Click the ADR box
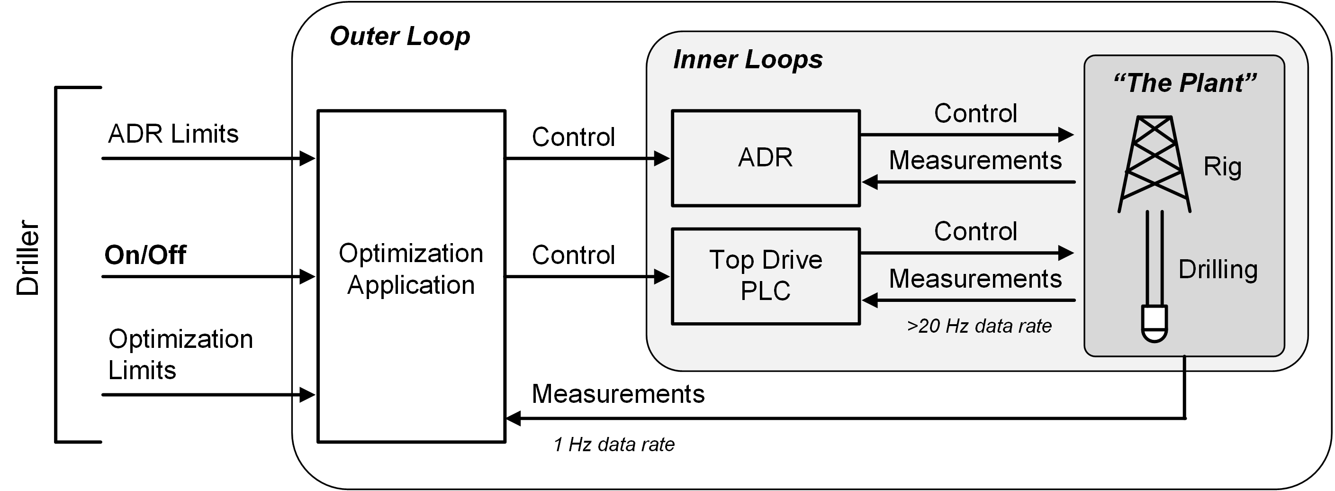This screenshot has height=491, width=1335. [x=765, y=158]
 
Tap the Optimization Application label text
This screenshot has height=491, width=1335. [x=410, y=269]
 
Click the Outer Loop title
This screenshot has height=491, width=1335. [x=399, y=37]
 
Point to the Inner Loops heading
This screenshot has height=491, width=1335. [x=747, y=60]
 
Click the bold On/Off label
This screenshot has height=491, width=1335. [x=145, y=255]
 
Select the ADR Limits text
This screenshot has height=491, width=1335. [x=173, y=134]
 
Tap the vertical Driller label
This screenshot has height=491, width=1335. [x=28, y=258]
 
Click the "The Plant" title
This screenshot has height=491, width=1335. [x=1185, y=83]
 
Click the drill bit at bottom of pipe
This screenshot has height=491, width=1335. [x=1155, y=324]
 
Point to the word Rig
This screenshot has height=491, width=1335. [x=1222, y=167]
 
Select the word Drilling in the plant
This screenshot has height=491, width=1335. [x=1218, y=270]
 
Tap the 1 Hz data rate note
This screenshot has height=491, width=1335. [x=613, y=445]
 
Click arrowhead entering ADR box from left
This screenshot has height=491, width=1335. [x=662, y=158]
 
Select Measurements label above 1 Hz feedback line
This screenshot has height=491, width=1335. [x=618, y=394]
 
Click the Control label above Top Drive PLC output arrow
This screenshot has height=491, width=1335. [x=975, y=232]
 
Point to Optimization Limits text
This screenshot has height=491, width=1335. [x=180, y=355]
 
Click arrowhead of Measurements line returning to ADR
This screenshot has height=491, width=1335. [x=870, y=182]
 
